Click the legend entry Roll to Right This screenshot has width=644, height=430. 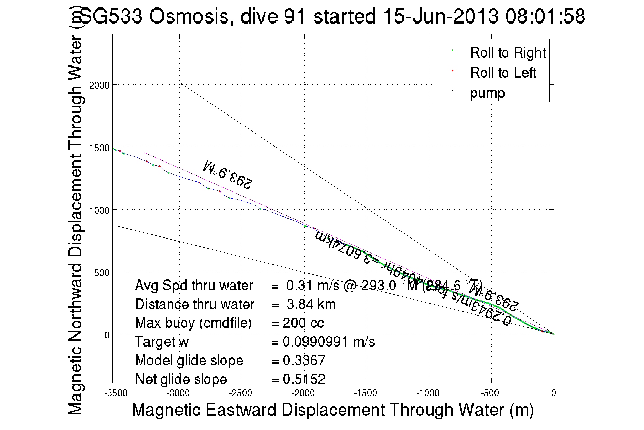508,53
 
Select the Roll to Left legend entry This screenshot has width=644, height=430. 503,73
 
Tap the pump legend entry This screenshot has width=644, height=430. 487,93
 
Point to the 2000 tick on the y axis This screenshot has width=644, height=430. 99,85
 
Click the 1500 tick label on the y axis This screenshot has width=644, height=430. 99,148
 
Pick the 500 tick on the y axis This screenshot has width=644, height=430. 102,273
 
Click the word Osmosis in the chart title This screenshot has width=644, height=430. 189,16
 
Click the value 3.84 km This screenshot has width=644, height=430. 311,304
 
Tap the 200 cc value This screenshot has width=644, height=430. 303,323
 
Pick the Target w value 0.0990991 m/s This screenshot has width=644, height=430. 328,342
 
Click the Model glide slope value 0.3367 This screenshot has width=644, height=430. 304,360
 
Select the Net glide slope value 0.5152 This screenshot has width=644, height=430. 304,379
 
